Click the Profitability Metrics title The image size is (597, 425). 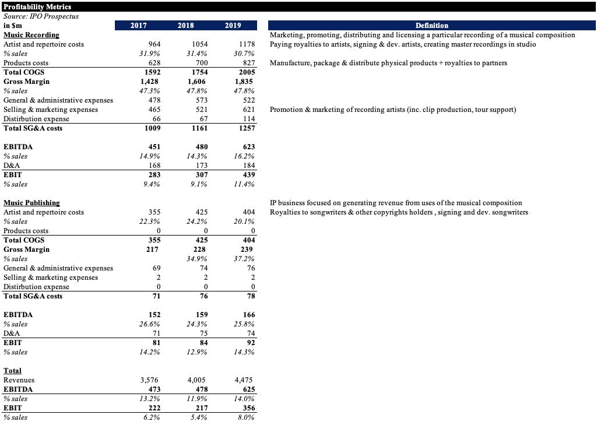[x=37, y=7]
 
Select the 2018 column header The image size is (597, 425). [x=186, y=26]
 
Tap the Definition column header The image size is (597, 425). [x=432, y=26]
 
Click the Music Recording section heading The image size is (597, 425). [x=31, y=35]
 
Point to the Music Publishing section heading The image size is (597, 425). [x=31, y=203]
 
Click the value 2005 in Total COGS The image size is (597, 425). [x=247, y=72]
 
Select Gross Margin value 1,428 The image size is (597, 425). [x=149, y=82]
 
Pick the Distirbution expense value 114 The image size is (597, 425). [x=249, y=119]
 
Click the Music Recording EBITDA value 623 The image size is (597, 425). [x=249, y=147]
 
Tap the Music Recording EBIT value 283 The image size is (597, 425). [x=154, y=175]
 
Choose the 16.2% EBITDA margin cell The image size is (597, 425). [x=244, y=156]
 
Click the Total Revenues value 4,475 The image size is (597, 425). [x=244, y=380]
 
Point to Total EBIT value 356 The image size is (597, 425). [x=249, y=408]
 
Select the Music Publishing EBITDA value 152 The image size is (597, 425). [x=154, y=315]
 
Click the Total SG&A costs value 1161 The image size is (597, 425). [x=200, y=128]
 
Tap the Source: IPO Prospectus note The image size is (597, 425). [x=41, y=16]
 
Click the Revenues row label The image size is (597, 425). [x=19, y=380]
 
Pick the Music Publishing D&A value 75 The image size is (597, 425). [x=203, y=333]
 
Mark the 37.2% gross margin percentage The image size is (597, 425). [x=244, y=259]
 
